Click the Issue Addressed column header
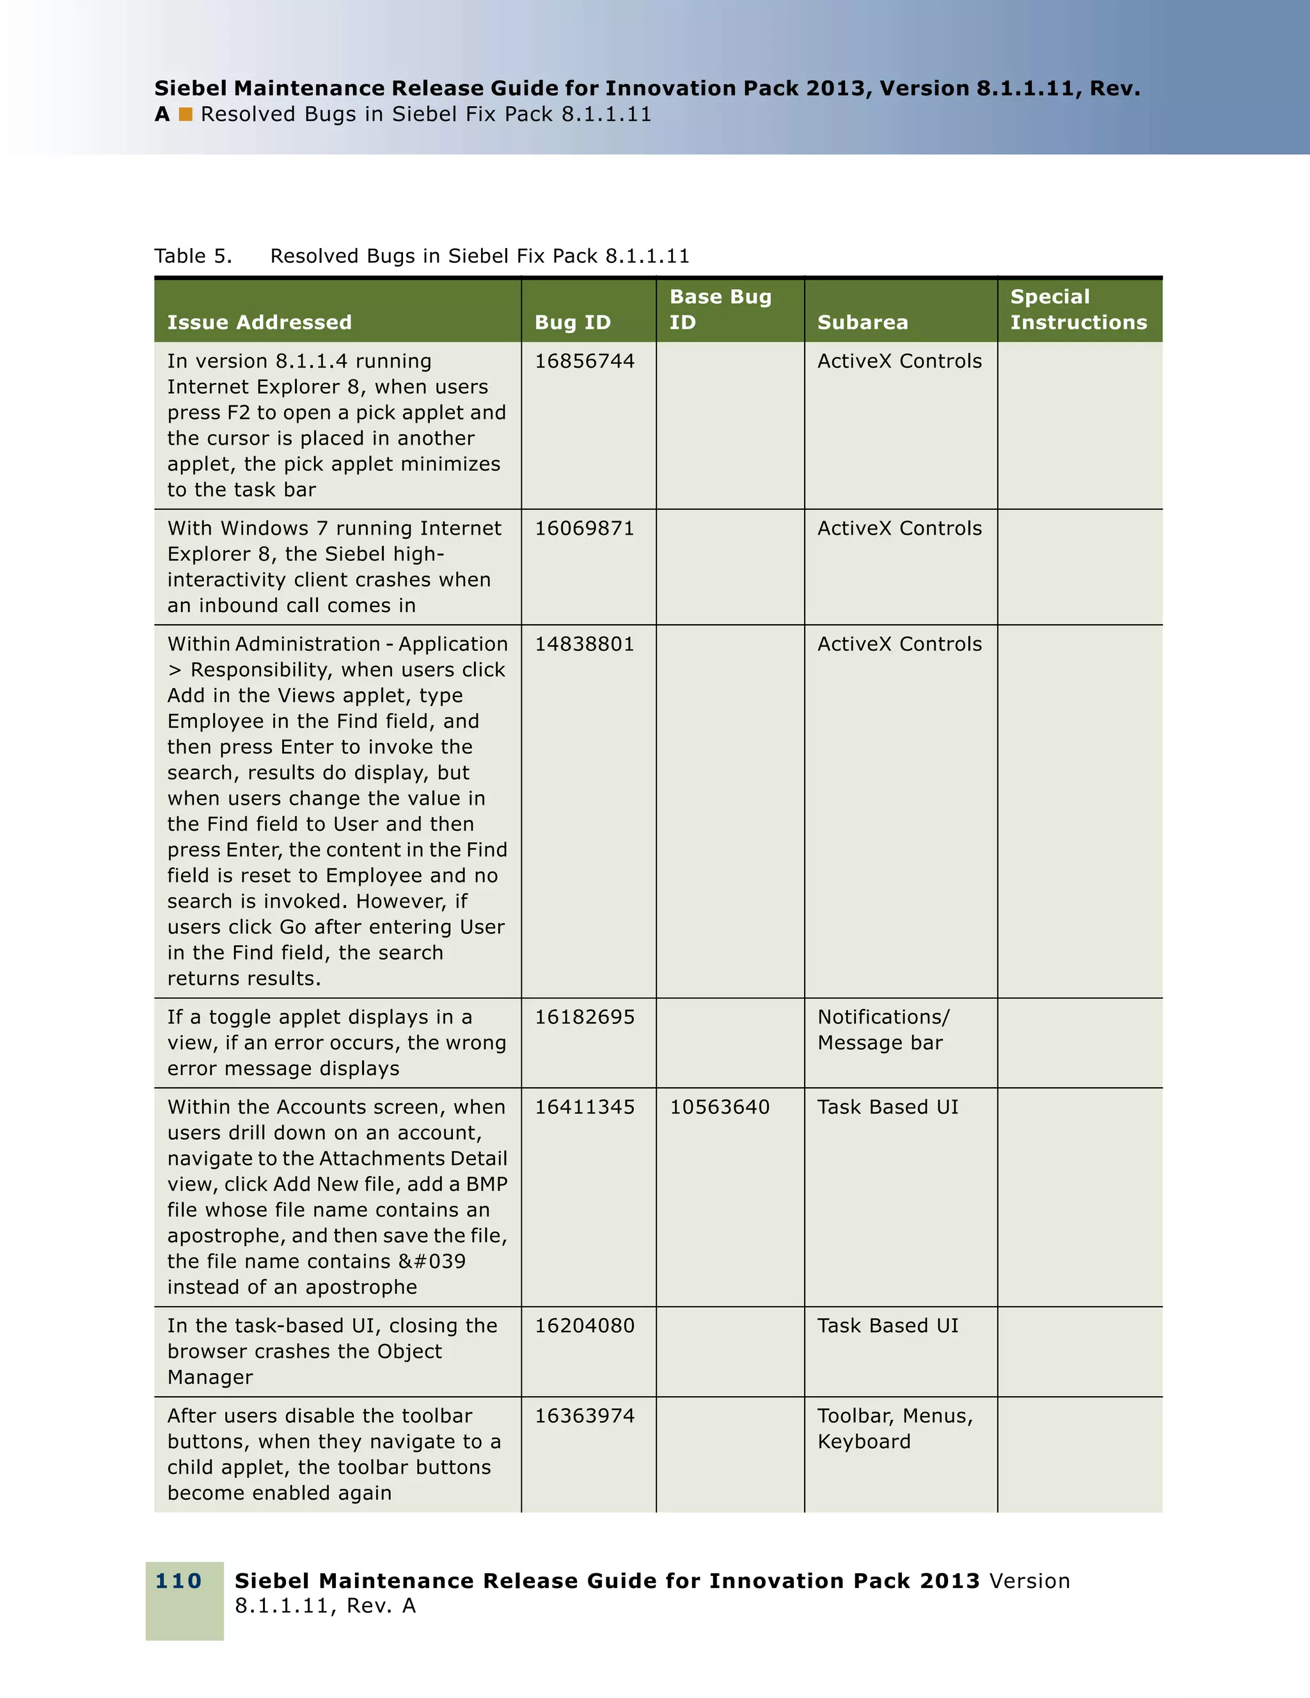[x=260, y=322]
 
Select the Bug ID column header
[x=573, y=322]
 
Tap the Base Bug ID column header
[x=721, y=310]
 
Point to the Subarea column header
[x=863, y=322]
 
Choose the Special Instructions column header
[x=1078, y=310]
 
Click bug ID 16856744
[x=585, y=361]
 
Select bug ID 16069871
[x=585, y=529]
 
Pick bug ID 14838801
[x=585, y=645]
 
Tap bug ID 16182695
[x=585, y=1018]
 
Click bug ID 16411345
[x=585, y=1107]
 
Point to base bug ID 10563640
[x=720, y=1107]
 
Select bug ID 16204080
[x=585, y=1326]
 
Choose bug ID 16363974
[x=585, y=1416]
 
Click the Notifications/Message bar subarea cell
[x=883, y=1030]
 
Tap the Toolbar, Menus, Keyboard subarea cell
[x=895, y=1429]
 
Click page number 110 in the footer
[x=179, y=1580]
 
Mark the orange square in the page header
[x=185, y=114]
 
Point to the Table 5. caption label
[x=193, y=256]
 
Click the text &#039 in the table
[x=432, y=1262]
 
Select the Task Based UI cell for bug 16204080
[x=888, y=1326]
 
